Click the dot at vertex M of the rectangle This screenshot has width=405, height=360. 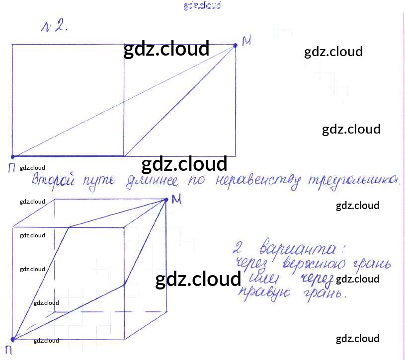point(236,45)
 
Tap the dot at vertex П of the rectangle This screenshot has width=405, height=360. point(12,156)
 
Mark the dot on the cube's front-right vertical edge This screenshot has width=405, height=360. point(124,284)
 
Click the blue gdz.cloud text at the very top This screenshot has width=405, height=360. point(202,5)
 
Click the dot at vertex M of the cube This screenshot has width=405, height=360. point(166,200)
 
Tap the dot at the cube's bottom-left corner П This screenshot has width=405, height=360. point(13,340)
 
